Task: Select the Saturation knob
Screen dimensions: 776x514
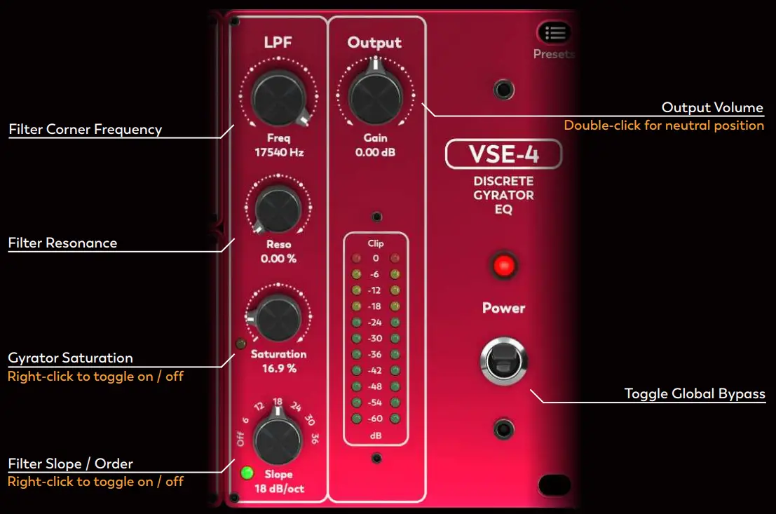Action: [278, 318]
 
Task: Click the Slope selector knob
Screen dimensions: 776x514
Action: [278, 436]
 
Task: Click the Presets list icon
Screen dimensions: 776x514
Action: [554, 33]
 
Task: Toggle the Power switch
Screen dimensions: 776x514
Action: [503, 361]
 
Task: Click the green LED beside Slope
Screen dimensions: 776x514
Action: [246, 473]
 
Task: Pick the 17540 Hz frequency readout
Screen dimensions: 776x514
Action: [278, 152]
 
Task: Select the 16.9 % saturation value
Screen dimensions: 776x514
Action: [278, 368]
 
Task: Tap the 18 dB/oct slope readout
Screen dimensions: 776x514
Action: [279, 489]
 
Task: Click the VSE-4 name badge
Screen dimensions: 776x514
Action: [503, 155]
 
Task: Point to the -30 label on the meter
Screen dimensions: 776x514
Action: [376, 338]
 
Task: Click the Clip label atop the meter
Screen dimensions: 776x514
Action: [376, 244]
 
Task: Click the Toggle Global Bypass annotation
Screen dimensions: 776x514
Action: [694, 394]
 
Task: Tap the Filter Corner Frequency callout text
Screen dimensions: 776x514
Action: [85, 130]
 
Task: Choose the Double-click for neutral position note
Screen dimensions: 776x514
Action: [664, 126]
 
